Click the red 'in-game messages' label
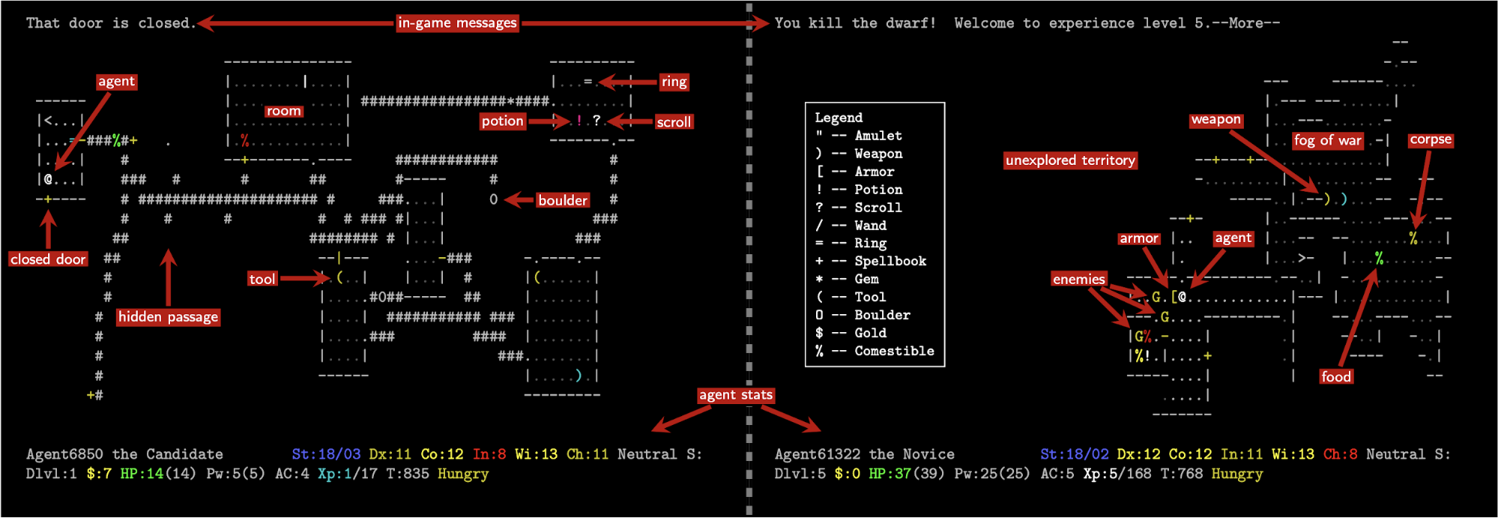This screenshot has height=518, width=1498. tap(457, 22)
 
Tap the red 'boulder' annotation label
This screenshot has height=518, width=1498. tap(563, 200)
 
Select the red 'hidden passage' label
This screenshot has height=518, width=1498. tap(168, 317)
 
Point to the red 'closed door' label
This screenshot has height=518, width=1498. tap(48, 259)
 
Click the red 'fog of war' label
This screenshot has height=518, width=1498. tap(1327, 140)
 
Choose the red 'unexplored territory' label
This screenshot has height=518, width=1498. tap(1070, 160)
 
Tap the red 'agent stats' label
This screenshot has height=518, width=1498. tap(735, 395)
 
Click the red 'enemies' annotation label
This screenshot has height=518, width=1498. tap(1078, 279)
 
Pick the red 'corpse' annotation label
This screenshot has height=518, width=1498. tap(1431, 139)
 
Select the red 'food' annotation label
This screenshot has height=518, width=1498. tap(1336, 376)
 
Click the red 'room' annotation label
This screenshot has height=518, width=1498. tap(283, 111)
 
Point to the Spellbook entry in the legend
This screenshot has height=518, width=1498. tap(872, 261)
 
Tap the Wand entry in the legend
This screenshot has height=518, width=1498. tap(851, 225)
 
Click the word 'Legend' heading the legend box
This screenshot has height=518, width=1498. tap(839, 118)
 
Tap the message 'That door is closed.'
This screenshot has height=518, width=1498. tap(110, 23)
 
